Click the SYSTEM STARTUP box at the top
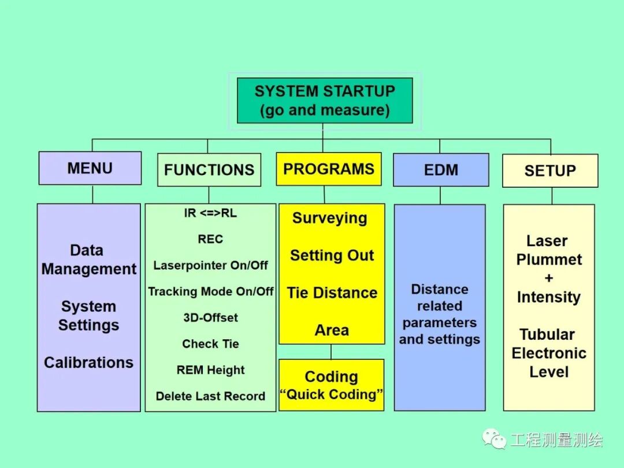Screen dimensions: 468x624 (x=325, y=101)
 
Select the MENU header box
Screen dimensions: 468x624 (x=90, y=168)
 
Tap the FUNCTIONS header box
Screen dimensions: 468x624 (x=209, y=170)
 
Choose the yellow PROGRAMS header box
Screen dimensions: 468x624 (x=328, y=169)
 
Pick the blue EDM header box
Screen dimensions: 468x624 (x=440, y=170)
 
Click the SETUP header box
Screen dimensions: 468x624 (x=549, y=171)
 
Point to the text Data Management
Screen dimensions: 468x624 (x=88, y=259)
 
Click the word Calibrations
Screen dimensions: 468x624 (x=88, y=363)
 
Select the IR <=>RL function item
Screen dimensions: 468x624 (x=210, y=213)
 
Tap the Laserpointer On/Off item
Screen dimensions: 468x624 (x=210, y=266)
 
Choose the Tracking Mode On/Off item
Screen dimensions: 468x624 (x=210, y=292)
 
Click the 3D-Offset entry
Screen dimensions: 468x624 (x=210, y=318)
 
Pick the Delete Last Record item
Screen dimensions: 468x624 (x=210, y=396)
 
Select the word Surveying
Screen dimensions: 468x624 (x=329, y=218)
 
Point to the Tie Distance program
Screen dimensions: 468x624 (x=332, y=293)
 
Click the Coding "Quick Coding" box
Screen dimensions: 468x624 (x=331, y=385)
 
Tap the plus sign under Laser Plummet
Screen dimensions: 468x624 (x=548, y=278)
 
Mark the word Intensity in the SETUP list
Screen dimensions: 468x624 (x=548, y=298)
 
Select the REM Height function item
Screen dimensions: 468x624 (x=210, y=370)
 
